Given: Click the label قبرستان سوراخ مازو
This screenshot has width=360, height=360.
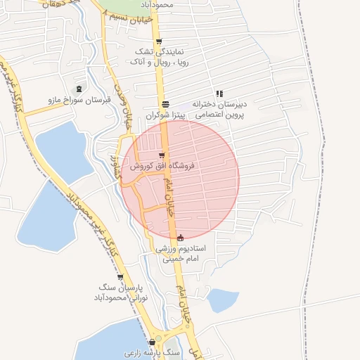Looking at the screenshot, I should (79, 101).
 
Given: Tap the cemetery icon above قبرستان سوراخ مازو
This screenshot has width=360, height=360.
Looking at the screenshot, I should (79, 89).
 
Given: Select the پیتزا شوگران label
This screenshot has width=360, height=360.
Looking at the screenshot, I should (164, 114).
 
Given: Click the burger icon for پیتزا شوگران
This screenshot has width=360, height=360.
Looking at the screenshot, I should (165, 103).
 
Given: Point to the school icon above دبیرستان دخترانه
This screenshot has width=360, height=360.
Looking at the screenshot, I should (219, 93).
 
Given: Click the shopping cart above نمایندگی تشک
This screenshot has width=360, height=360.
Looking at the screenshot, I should (159, 41).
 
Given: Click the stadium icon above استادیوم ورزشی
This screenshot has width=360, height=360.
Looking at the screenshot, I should (181, 238).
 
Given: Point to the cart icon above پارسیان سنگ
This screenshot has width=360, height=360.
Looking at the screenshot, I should (120, 277).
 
